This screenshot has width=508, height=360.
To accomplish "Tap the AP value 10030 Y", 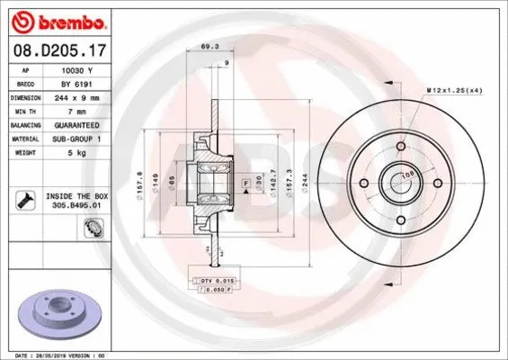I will click(78, 68).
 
